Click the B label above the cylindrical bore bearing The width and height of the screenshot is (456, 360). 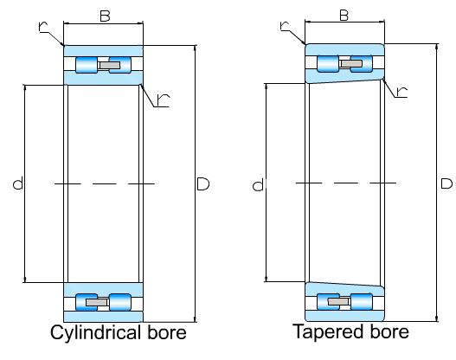click(x=105, y=16)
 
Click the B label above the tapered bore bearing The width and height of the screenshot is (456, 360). click(x=344, y=15)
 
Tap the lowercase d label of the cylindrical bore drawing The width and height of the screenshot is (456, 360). click(x=18, y=183)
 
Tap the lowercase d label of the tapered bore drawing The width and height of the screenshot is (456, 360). click(x=258, y=185)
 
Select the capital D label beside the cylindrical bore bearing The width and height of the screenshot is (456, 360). click(x=203, y=183)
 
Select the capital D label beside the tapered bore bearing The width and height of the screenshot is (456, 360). click(x=446, y=183)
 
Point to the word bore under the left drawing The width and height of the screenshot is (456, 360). click(x=167, y=332)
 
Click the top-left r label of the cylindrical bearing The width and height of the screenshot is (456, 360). click(x=43, y=27)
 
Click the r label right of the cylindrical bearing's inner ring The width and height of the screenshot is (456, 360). click(x=163, y=100)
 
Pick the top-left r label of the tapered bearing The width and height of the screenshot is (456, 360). click(x=285, y=25)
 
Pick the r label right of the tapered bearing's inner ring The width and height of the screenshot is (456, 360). click(x=402, y=92)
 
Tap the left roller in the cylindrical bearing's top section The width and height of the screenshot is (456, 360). click(x=87, y=65)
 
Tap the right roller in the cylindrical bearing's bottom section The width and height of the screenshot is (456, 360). click(x=120, y=302)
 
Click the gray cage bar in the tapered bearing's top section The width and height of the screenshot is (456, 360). click(x=351, y=63)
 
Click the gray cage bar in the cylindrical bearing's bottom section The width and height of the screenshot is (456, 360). click(x=97, y=302)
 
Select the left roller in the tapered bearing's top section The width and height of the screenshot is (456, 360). click(x=328, y=63)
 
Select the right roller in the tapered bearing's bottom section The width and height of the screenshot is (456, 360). click(x=362, y=301)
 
